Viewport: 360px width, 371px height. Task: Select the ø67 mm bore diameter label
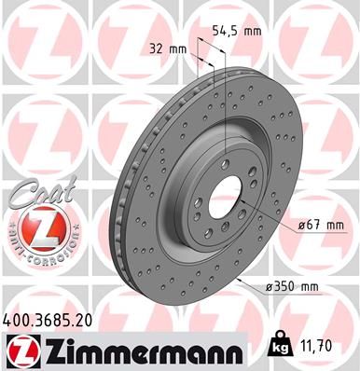click(x=298, y=225)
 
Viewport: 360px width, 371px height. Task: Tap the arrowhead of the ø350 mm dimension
click(x=240, y=277)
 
